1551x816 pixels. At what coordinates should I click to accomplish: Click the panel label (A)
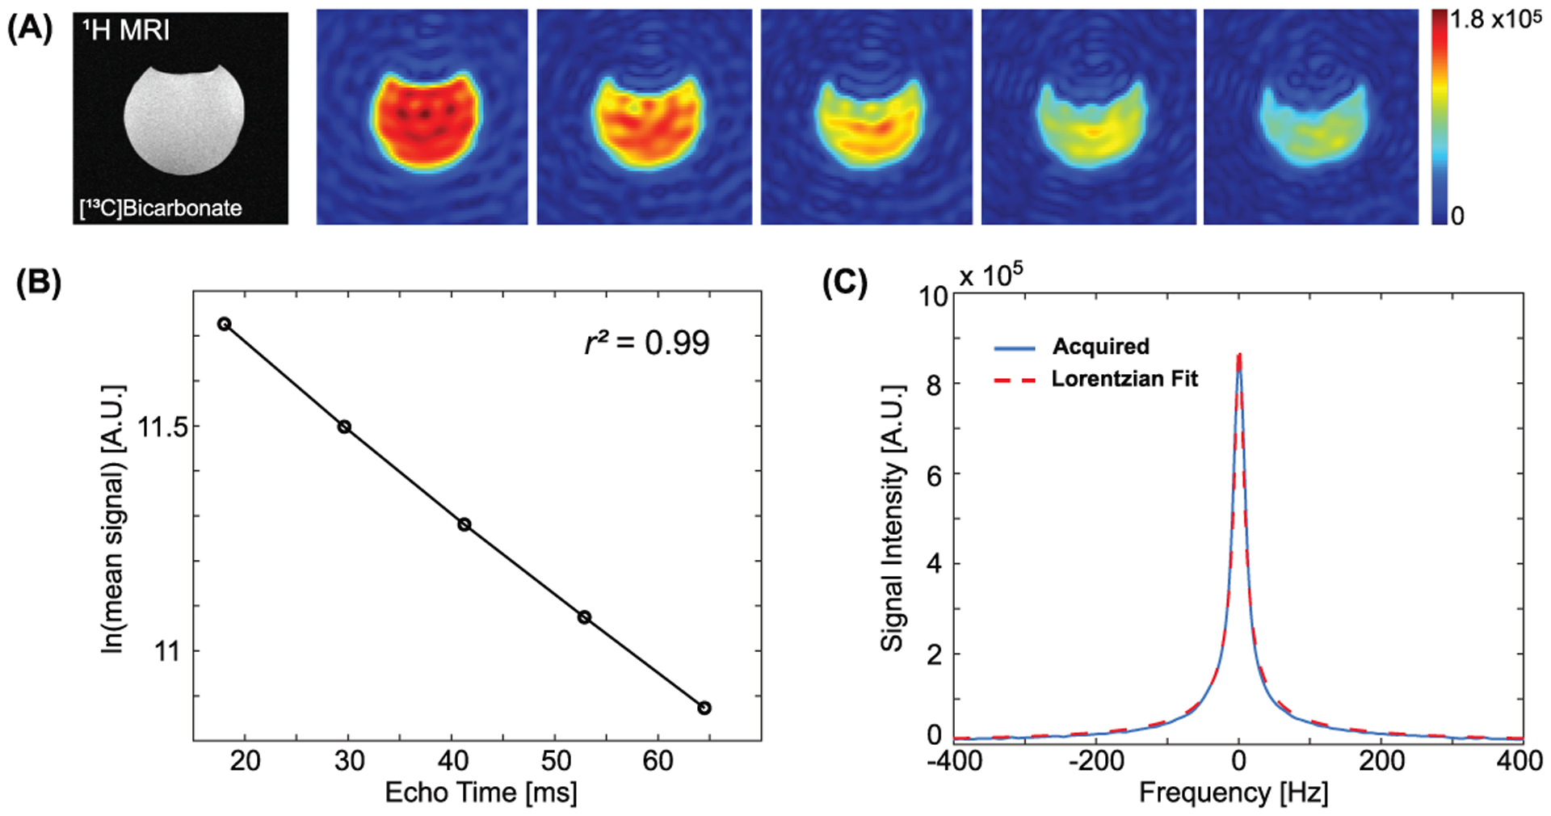(30, 29)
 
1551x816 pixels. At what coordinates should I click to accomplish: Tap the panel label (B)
(39, 286)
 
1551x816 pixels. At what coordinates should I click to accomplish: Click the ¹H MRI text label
(126, 31)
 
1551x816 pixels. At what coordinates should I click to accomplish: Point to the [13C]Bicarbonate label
(161, 208)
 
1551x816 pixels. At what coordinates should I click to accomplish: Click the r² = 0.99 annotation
(647, 343)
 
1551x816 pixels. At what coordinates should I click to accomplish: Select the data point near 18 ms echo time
(225, 324)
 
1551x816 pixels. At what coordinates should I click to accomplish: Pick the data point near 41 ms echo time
(464, 524)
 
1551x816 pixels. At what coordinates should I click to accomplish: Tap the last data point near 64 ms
(704, 708)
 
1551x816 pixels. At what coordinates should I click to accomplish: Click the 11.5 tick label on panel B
(162, 427)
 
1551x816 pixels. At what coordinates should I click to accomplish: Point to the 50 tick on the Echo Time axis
(556, 761)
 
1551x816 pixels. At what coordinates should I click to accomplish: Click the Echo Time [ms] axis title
(481, 793)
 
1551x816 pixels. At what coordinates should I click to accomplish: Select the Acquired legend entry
(1100, 347)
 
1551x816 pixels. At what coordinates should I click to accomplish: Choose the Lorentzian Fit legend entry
(1124, 379)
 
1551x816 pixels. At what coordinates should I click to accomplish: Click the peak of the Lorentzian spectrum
(1239, 355)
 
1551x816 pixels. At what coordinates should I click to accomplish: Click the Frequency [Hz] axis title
(1234, 793)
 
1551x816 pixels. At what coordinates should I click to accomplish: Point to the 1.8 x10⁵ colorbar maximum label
(1495, 20)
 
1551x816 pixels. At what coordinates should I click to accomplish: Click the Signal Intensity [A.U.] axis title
(892, 517)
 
